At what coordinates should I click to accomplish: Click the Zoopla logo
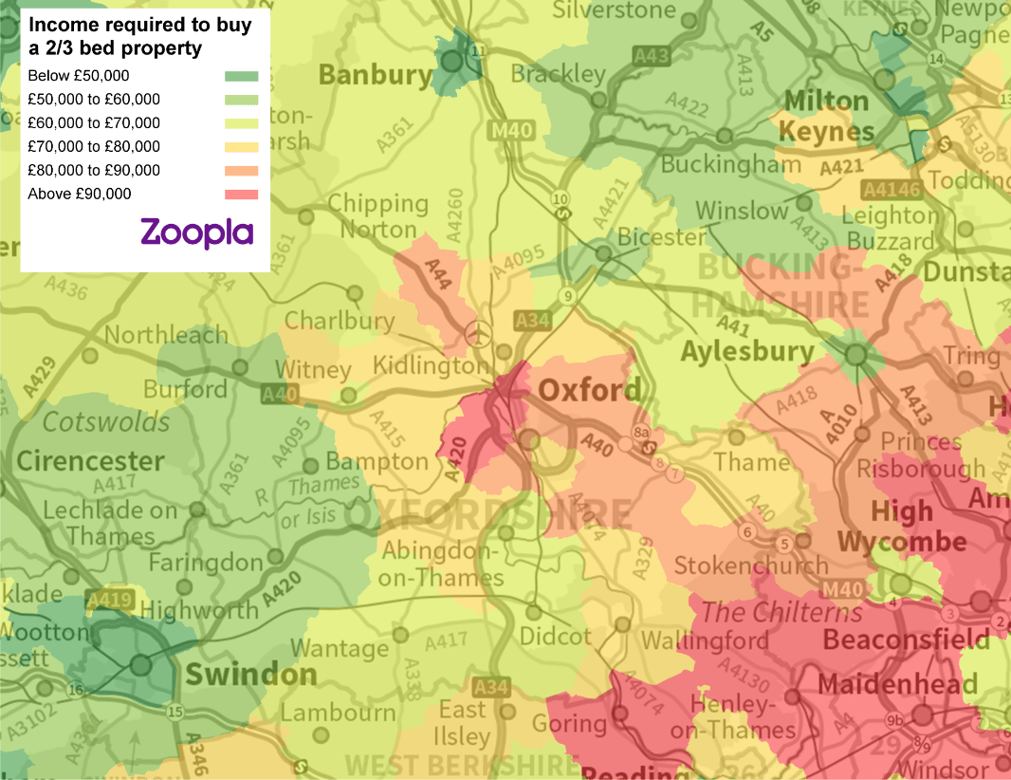click(196, 232)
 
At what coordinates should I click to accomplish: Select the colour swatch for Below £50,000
click(241, 76)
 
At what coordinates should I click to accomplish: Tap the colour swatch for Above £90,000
click(241, 195)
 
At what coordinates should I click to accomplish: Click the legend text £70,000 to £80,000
click(94, 147)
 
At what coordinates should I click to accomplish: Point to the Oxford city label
click(589, 390)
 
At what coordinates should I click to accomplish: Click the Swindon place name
click(251, 675)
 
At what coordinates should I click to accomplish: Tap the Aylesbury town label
click(747, 352)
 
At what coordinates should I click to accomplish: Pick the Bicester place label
click(662, 236)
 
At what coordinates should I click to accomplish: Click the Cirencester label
click(91, 462)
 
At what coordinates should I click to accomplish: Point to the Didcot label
click(555, 637)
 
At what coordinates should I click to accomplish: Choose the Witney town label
click(313, 368)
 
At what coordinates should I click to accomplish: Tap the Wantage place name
click(340, 649)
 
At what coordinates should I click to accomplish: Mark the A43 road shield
click(653, 56)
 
